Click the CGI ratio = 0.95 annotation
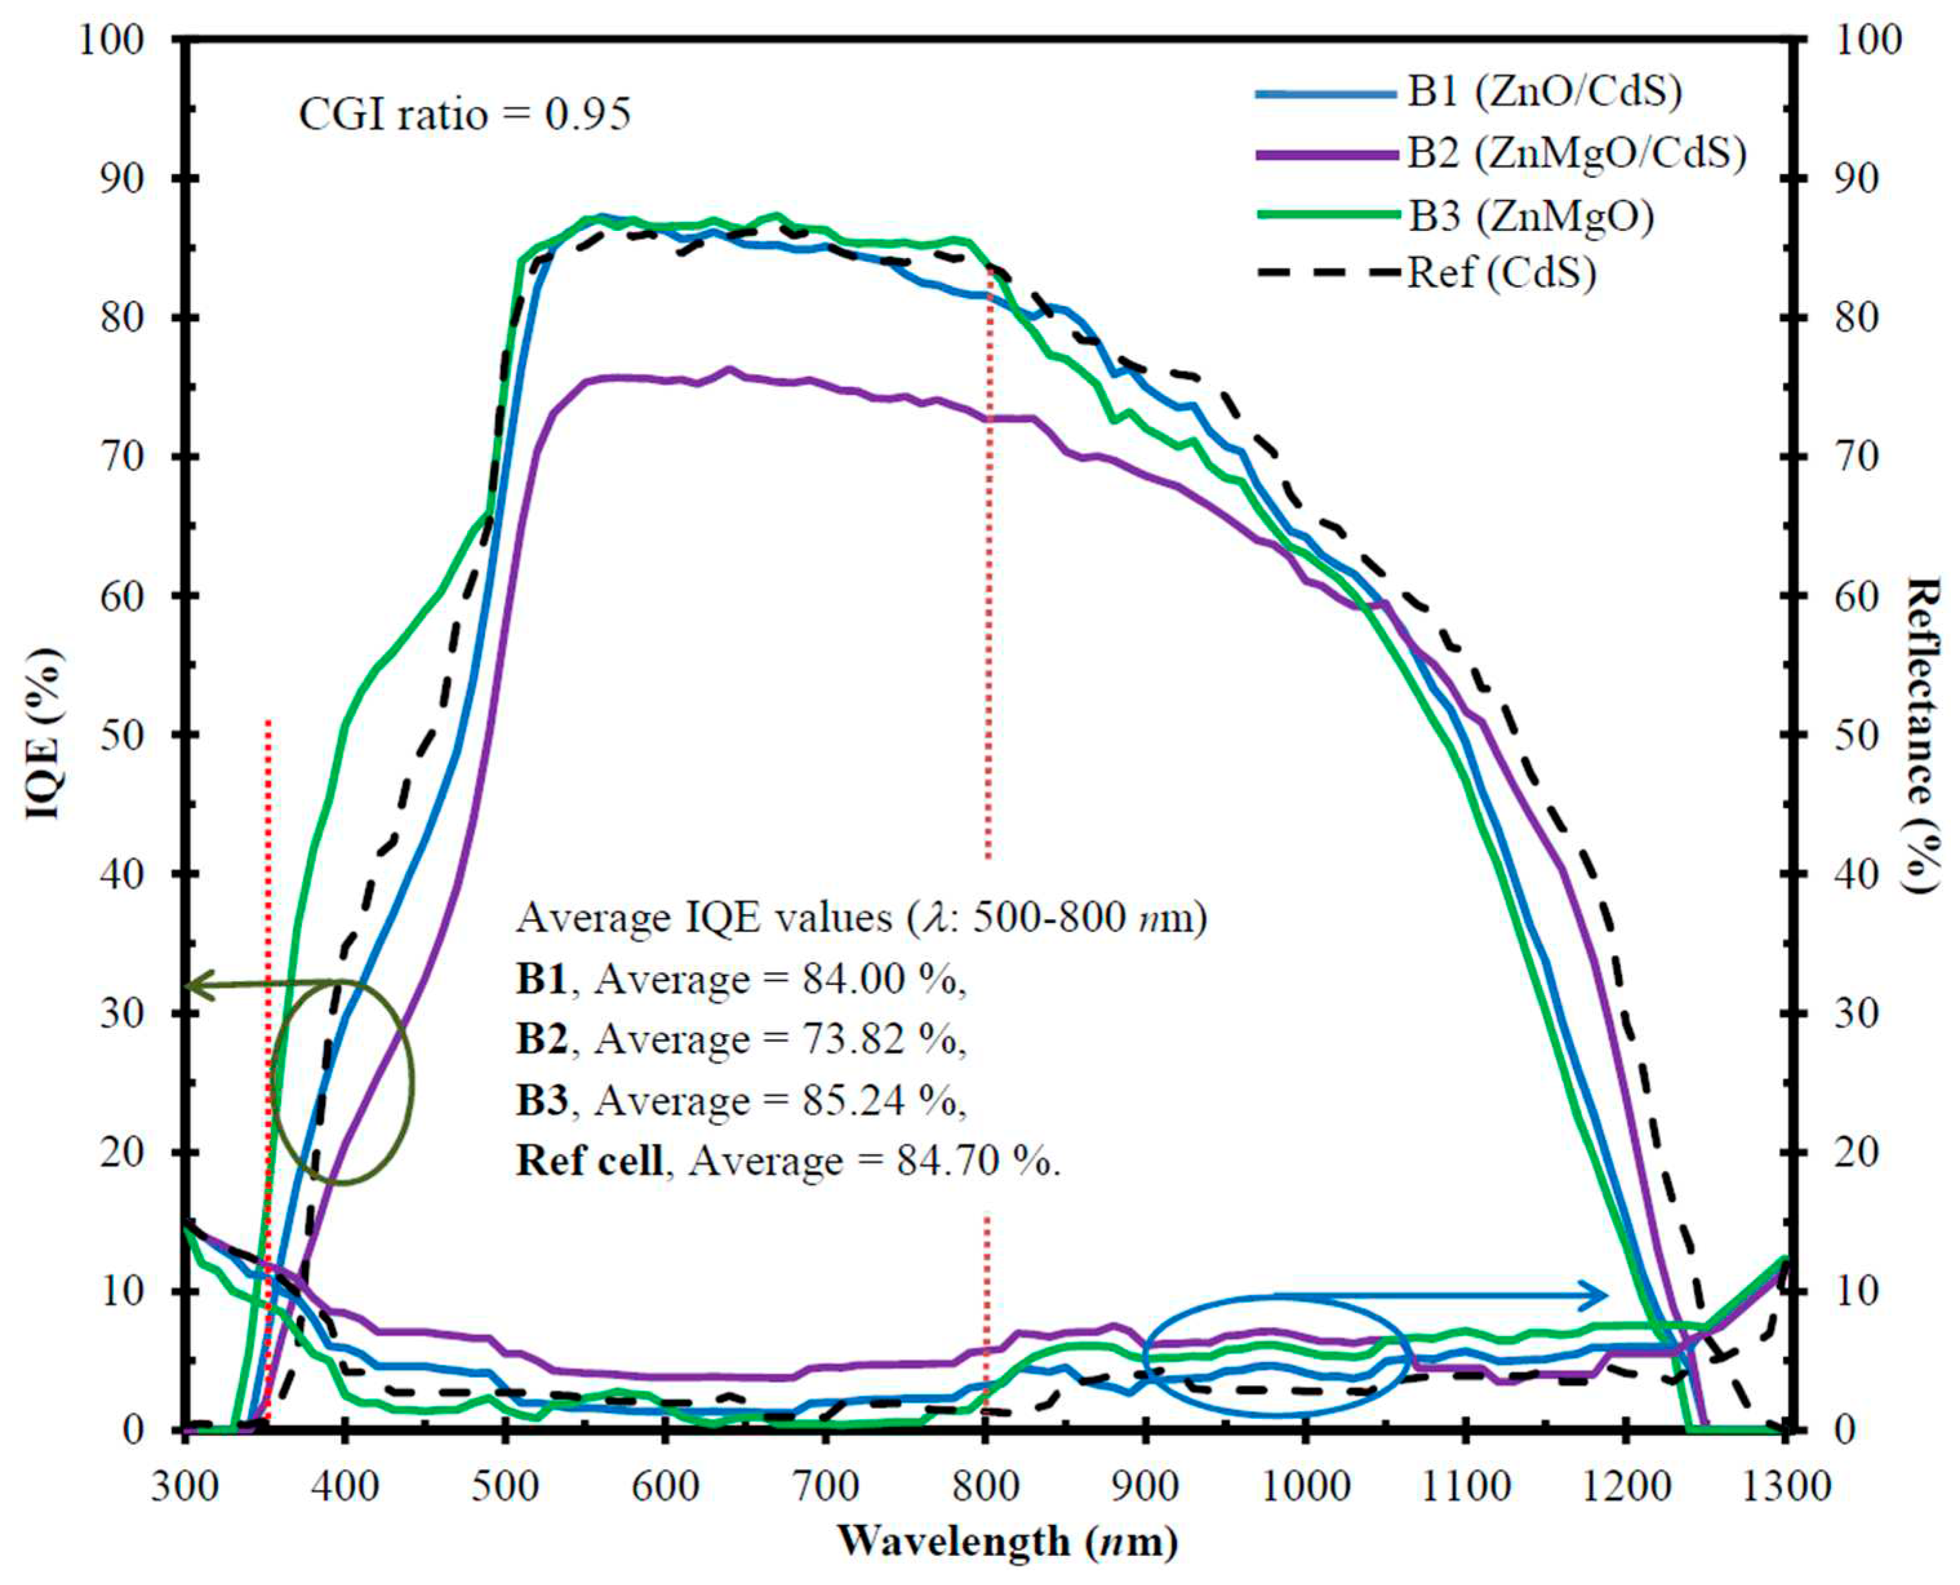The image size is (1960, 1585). [464, 115]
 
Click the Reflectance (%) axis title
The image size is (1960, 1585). [1923, 735]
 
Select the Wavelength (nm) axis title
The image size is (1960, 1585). [1008, 1541]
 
